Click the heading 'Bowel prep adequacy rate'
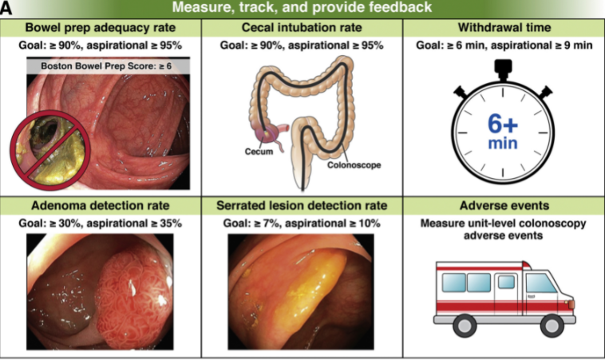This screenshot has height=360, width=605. pyautogui.click(x=99, y=27)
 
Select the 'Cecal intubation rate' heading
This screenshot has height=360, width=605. pyautogui.click(x=301, y=27)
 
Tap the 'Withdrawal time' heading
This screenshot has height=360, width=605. pyautogui.click(x=503, y=27)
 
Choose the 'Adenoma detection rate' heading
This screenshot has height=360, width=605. pyautogui.click(x=100, y=206)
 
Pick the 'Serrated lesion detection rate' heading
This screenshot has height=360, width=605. pyautogui.click(x=301, y=206)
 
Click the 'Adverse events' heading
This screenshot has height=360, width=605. pyautogui.click(x=503, y=206)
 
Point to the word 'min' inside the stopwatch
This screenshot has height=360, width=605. pyautogui.click(x=503, y=144)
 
